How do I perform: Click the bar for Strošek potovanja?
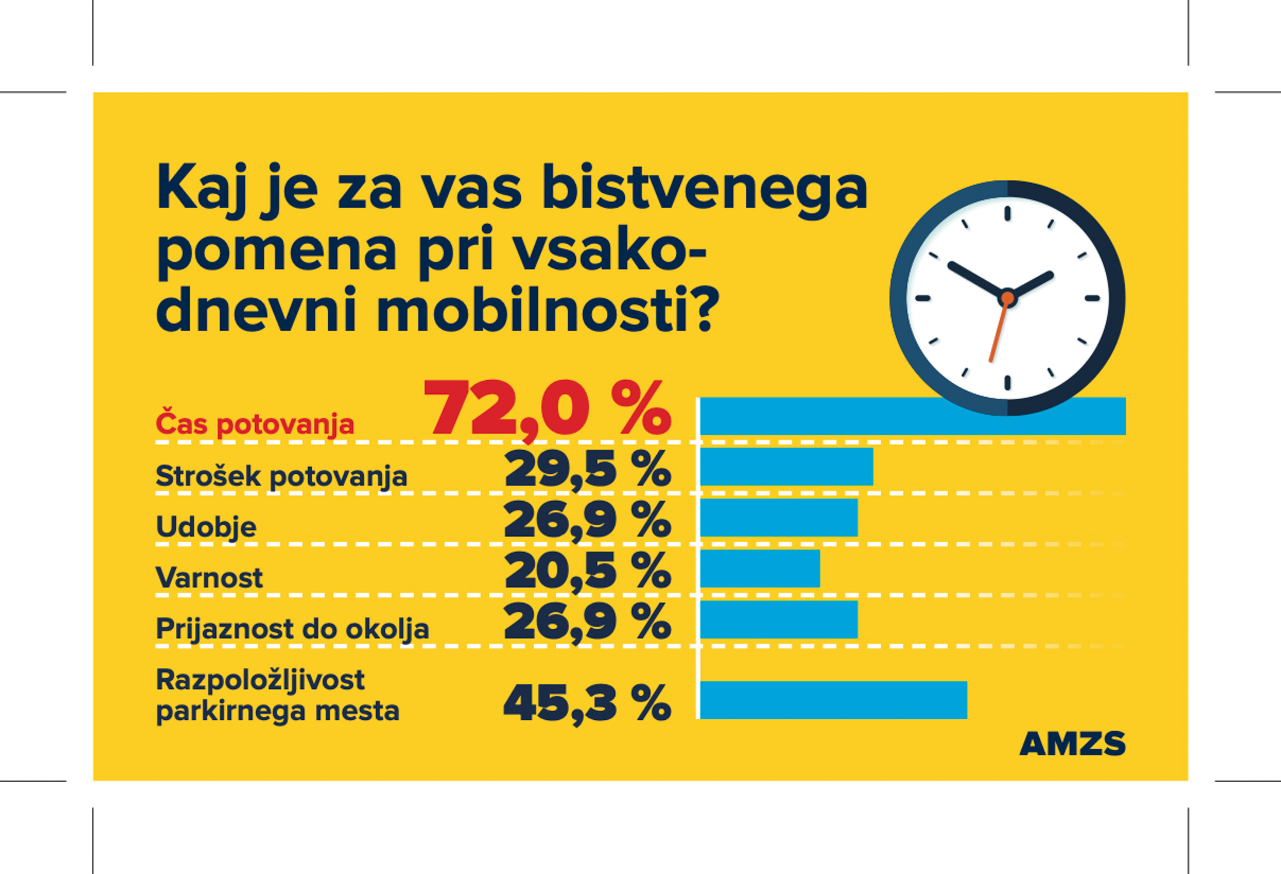tap(786, 467)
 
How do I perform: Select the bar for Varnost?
tap(759, 568)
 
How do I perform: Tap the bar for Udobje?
tap(778, 517)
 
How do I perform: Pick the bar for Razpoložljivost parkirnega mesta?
tap(833, 700)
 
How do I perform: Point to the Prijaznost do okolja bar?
tap(778, 619)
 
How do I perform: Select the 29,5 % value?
tap(588, 469)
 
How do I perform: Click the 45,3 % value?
tap(587, 703)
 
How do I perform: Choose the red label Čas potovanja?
tap(254, 424)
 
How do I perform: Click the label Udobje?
tap(206, 527)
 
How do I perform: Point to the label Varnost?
tap(209, 578)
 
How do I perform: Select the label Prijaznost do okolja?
tap(292, 629)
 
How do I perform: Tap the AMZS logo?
tap(1072, 743)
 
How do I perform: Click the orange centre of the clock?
tap(1008, 298)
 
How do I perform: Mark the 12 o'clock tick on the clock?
tap(1008, 213)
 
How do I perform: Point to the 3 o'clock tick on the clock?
tap(1092, 298)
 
